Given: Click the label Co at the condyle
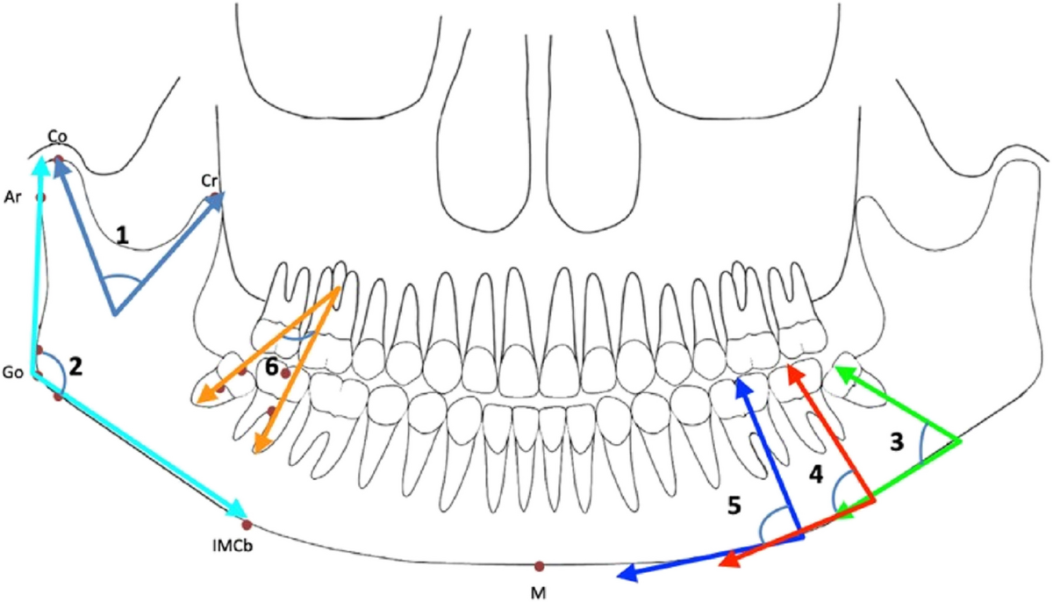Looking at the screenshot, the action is [58, 137].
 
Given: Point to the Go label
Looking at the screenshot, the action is [13, 372].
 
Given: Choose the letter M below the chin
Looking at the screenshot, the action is [540, 590].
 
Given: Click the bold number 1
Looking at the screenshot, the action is [124, 234].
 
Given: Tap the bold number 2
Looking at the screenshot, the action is [75, 366].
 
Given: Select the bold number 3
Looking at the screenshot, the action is [897, 442].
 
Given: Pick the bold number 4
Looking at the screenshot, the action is [816, 475].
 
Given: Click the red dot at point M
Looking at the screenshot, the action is [540, 566].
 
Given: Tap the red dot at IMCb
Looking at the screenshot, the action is [247, 525].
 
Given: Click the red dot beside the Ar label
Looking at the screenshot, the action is [40, 197].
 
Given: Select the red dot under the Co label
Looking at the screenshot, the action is [59, 160].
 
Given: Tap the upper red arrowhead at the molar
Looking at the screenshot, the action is [792, 372].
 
